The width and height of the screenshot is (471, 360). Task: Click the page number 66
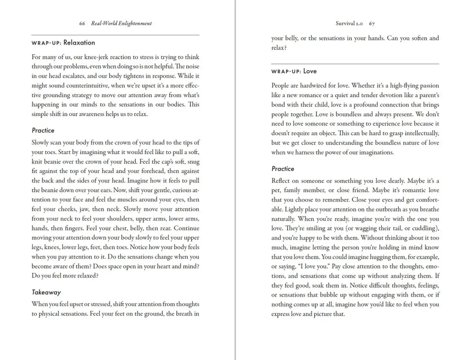click(82, 23)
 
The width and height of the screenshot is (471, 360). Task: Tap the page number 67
click(372, 23)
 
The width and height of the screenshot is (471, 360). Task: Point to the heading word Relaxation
click(79, 43)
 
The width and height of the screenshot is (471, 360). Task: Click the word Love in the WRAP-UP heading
click(310, 71)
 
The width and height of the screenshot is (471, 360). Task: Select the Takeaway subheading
click(46, 292)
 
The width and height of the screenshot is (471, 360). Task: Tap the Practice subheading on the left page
click(43, 131)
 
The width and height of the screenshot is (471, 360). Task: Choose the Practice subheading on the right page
click(283, 169)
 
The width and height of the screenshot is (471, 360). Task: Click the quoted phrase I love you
click(308, 267)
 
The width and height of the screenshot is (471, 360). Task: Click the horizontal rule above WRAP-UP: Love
click(355, 63)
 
